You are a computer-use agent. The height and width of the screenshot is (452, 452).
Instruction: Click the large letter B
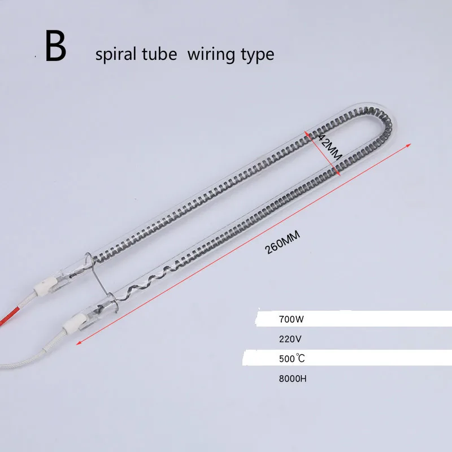55,46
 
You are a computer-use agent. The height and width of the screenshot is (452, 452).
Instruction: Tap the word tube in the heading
160,54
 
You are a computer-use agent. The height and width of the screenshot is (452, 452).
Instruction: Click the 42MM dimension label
330,147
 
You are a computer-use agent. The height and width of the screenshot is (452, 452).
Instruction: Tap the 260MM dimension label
282,243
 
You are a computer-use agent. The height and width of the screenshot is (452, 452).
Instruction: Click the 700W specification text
291,319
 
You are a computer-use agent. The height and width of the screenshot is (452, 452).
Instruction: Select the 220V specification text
290,339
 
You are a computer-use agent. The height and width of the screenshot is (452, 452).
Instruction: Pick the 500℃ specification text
292,359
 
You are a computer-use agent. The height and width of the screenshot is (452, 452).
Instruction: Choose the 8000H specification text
293,379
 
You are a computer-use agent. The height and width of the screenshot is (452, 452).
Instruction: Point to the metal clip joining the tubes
102,282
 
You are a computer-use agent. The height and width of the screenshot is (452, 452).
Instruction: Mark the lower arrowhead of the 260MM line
79,342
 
